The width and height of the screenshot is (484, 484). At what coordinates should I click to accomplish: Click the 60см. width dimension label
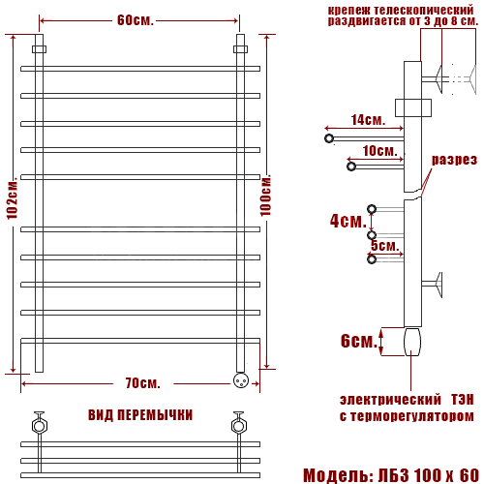point(136,20)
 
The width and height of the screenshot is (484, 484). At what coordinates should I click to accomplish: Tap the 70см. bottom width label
point(142,383)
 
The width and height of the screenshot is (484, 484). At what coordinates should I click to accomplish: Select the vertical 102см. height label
point(13,197)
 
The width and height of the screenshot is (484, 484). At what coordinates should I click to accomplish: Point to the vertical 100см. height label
point(266,196)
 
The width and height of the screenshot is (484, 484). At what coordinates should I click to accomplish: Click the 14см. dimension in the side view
point(368,120)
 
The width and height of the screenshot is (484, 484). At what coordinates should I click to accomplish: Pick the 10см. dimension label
point(379,151)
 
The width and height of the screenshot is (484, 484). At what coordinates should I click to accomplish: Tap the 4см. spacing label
point(348,221)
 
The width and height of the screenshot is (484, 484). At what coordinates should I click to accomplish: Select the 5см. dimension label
point(385,246)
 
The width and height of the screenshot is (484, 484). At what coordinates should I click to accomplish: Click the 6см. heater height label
point(359,341)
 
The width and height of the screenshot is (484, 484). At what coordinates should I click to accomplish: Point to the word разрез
point(454,160)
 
